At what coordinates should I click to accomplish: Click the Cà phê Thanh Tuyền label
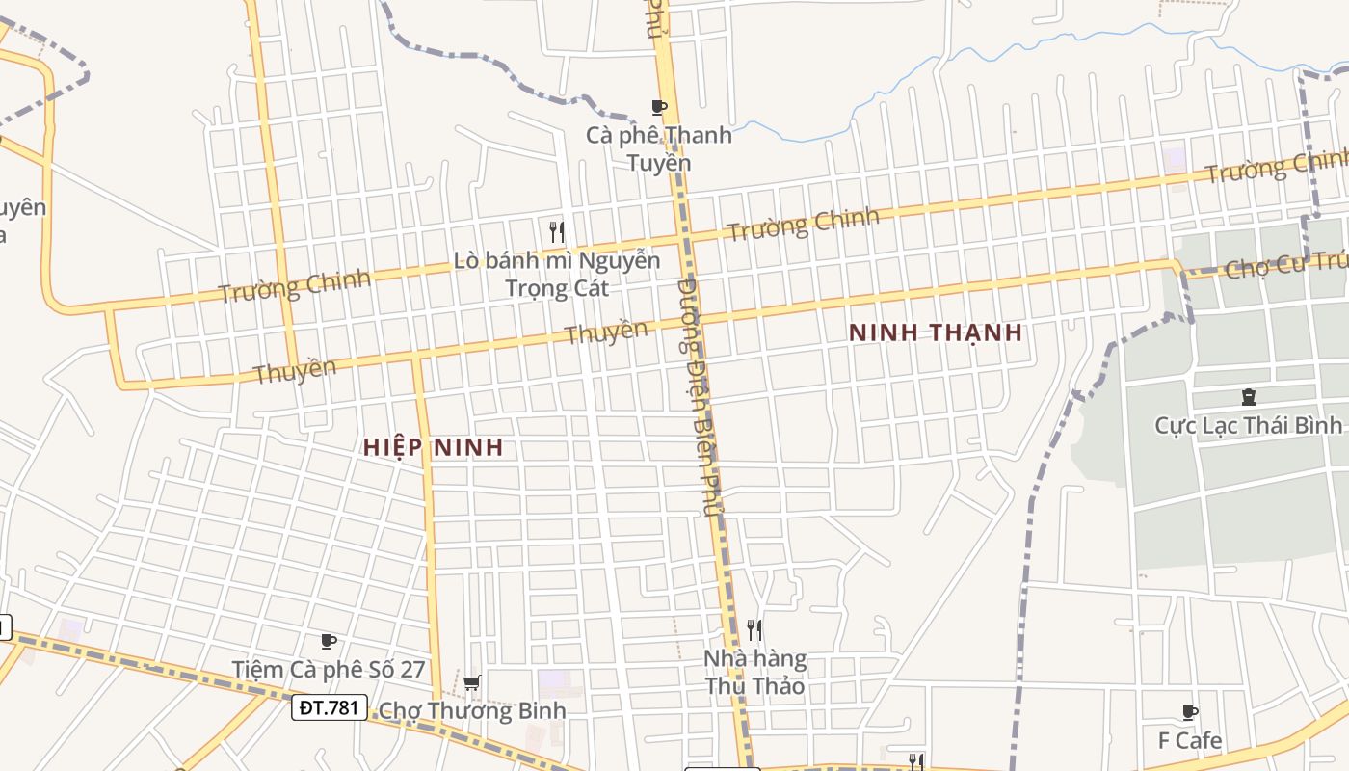point(659,148)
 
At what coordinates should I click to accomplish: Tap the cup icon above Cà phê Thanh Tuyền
point(659,107)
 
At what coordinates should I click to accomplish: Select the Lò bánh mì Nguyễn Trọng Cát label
point(557,274)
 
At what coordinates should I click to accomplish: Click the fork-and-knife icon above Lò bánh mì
point(556,231)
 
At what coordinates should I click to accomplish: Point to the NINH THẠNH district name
point(935,333)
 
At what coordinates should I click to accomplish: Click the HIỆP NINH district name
point(434,447)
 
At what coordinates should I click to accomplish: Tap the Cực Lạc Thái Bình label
point(1248,425)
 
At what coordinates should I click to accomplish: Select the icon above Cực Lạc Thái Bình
point(1249,396)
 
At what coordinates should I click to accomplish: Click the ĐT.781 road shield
point(329,708)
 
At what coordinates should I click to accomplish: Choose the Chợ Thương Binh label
point(472,711)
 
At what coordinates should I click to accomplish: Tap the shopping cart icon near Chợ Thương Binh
point(471,683)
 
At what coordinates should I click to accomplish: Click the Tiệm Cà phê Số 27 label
point(328,669)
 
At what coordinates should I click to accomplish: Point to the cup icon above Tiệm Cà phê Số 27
point(328,641)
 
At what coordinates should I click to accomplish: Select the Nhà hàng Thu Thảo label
point(754,673)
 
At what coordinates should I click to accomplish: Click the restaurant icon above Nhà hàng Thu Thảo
point(754,630)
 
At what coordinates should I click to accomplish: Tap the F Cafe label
point(1189,741)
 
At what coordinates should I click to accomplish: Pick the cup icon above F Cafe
point(1189,713)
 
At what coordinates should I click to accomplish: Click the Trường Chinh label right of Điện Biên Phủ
point(803,224)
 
